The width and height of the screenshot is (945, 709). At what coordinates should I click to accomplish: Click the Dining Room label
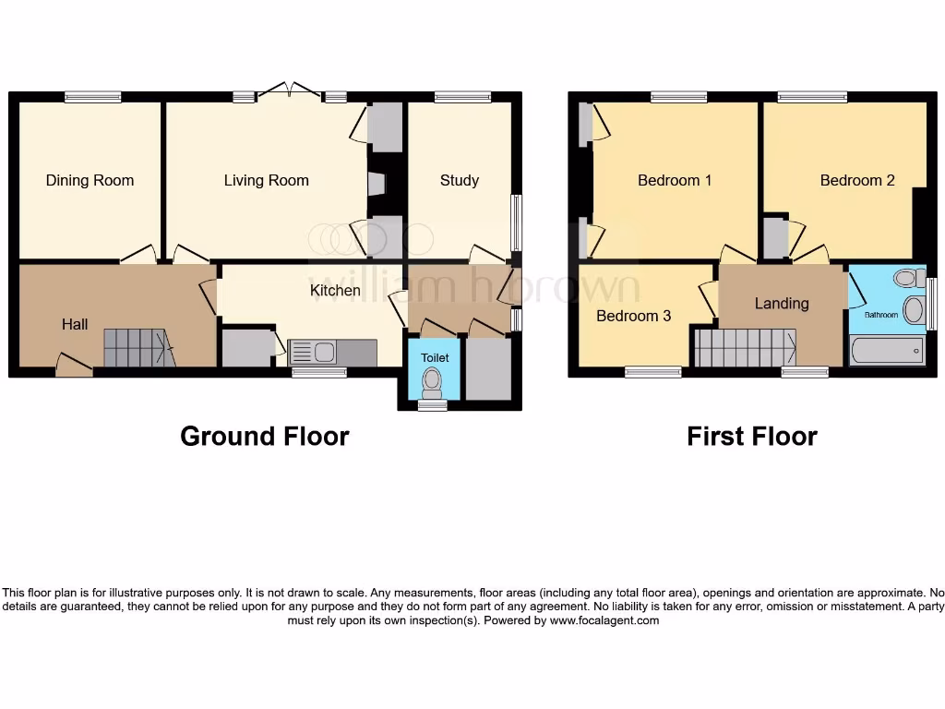[x=90, y=180]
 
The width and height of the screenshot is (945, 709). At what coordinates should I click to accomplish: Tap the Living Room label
[x=266, y=180]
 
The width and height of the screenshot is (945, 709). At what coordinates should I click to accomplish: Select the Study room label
[x=459, y=180]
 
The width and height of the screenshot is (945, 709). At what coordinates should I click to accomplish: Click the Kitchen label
[x=335, y=290]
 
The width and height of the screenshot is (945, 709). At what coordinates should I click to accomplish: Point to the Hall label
[x=75, y=324]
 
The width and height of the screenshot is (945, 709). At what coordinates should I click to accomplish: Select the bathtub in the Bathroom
[x=886, y=351]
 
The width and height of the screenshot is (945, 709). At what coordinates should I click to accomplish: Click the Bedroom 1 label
[x=675, y=180]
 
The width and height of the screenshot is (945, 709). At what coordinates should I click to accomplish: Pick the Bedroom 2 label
[x=857, y=180]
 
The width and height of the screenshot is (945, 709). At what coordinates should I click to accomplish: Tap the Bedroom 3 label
[x=633, y=316]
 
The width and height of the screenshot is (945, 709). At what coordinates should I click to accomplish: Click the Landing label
[x=781, y=303]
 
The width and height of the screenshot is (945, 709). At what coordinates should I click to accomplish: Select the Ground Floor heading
[x=264, y=436]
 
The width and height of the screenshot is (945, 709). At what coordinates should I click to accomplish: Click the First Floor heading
[x=751, y=436]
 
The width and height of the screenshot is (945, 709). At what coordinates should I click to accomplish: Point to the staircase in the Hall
[x=138, y=349]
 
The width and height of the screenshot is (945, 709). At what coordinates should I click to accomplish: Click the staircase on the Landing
[x=744, y=349]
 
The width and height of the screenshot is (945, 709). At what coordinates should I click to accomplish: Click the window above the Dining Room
[x=93, y=96]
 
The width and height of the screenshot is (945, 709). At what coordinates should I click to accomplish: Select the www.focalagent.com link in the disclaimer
[x=604, y=620]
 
